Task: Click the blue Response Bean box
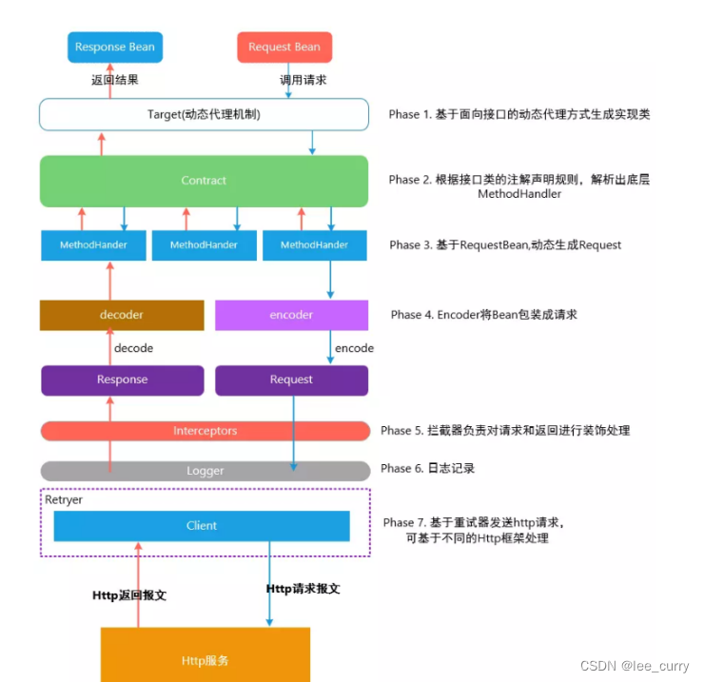114,47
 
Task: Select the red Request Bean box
284,47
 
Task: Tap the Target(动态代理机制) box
204,115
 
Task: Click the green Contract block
204,181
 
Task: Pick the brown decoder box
122,315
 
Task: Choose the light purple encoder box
291,315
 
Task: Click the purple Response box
122,380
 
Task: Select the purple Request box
291,380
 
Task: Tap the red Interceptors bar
205,431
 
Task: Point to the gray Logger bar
205,471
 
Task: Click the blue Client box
202,525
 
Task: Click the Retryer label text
64,499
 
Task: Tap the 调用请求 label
303,80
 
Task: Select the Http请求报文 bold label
303,589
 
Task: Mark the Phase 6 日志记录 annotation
427,469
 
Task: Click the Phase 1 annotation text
518,114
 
